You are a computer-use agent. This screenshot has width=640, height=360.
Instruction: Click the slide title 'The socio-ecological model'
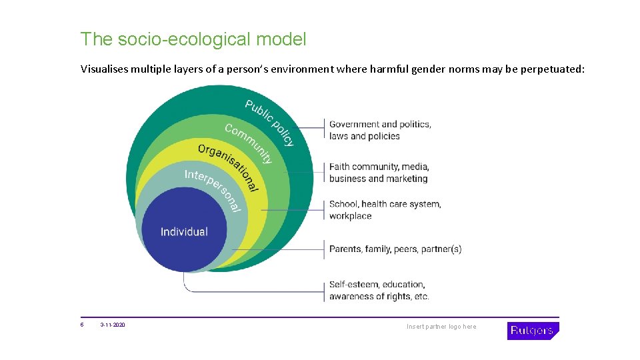click(x=193, y=39)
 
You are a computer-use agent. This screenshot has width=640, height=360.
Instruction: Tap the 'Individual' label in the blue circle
click(x=184, y=232)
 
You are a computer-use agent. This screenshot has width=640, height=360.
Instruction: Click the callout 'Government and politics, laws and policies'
click(x=380, y=130)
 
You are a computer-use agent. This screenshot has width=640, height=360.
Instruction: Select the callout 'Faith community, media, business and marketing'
click(x=379, y=173)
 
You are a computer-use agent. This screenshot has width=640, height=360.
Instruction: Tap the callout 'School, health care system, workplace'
click(x=385, y=210)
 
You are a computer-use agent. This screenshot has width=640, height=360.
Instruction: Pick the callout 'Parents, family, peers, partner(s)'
click(x=395, y=249)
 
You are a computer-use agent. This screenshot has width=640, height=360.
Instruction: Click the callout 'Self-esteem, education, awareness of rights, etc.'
click(x=379, y=291)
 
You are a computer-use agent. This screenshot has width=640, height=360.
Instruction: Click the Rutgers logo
click(x=533, y=331)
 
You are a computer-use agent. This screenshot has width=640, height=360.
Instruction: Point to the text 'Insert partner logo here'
click(x=441, y=327)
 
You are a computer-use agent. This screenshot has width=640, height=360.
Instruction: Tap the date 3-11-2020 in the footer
click(x=113, y=325)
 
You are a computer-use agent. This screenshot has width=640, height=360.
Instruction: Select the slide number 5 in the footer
click(x=82, y=325)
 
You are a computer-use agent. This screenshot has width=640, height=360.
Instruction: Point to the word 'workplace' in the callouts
click(x=350, y=216)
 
